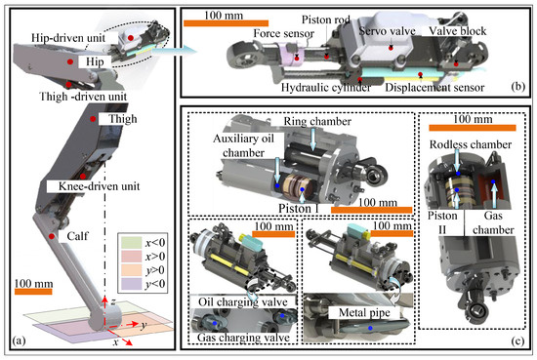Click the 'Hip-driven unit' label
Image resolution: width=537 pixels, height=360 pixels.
[68, 38]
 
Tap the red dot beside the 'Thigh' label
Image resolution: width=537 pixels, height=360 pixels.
[93, 119]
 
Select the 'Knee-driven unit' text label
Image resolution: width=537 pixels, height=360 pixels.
[99, 186]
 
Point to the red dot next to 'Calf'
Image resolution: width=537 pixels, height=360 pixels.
[52, 236]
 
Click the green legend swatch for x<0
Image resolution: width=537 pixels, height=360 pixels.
[131, 243]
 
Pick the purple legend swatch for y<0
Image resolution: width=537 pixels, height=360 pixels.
[131, 284]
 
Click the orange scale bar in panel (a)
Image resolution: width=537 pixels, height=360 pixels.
[33, 292]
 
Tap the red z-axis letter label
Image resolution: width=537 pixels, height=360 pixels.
[112, 301]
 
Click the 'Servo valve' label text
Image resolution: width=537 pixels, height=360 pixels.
[387, 31]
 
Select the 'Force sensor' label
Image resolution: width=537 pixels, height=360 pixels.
[283, 33]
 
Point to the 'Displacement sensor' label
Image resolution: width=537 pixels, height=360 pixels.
[434, 88]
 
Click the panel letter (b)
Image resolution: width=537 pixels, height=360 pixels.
[517, 87]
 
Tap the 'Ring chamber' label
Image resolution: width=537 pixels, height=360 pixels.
[317, 122]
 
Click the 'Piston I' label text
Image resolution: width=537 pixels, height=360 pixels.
[299, 208]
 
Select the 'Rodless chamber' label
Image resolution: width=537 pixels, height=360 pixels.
[471, 144]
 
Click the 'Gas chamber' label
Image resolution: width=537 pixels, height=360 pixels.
[493, 222]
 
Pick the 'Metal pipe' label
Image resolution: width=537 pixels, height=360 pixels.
[364, 312]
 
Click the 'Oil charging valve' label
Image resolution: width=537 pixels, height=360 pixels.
[243, 302]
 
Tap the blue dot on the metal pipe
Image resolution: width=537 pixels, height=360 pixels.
[370, 328]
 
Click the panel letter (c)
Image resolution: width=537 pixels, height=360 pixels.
[517, 340]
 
